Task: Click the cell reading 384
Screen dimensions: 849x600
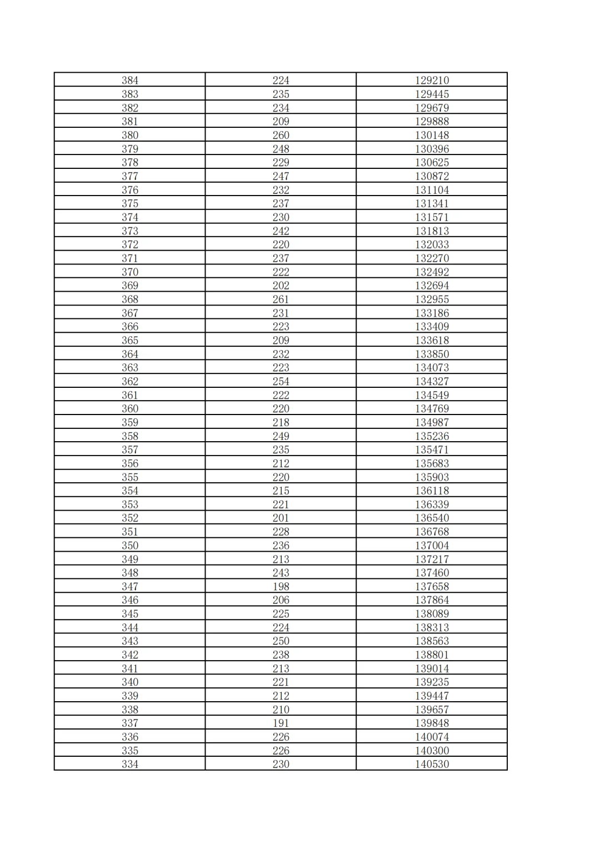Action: tap(130, 81)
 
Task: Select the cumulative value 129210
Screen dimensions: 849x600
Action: tap(432, 81)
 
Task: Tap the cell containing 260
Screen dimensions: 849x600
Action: tap(281, 135)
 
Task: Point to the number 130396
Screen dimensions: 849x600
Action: tap(432, 149)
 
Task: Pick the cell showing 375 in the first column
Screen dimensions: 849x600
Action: tap(130, 203)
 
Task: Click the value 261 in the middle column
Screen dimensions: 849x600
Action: tap(281, 299)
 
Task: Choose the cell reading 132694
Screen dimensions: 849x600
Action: tap(432, 286)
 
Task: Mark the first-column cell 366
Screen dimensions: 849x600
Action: tap(130, 327)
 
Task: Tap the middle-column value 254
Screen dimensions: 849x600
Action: tap(281, 382)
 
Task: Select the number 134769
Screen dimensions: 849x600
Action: tap(432, 409)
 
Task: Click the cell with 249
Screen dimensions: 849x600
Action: tap(281, 436)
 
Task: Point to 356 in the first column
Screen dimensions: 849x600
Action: tap(130, 463)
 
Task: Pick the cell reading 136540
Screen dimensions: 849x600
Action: tap(432, 518)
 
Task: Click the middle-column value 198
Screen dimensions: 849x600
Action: tap(281, 587)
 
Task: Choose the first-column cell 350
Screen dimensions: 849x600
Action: tap(130, 546)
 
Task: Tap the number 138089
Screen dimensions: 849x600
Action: tap(432, 614)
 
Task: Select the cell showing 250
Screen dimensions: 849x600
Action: tap(281, 641)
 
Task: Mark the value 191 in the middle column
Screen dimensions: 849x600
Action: tap(281, 723)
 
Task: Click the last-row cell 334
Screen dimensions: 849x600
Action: tap(130, 765)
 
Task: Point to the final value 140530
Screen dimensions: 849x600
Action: tap(432, 765)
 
